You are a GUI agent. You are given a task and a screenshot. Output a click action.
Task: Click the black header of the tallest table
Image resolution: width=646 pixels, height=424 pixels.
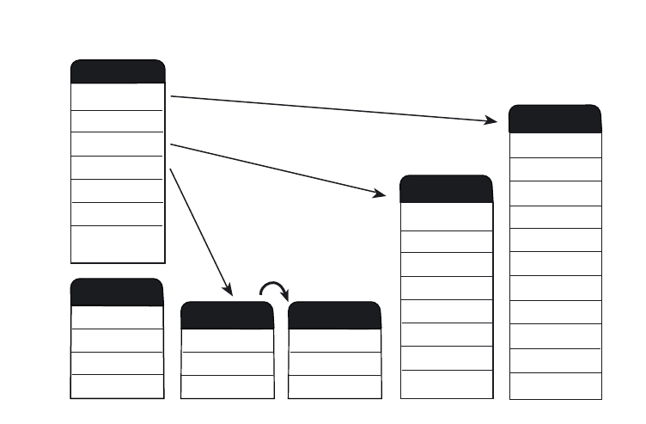coord(555,119)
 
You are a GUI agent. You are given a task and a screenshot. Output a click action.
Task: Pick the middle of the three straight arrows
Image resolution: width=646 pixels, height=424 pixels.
coord(275,169)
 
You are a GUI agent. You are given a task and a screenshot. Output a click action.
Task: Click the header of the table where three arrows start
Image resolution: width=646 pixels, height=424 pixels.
coord(117,71)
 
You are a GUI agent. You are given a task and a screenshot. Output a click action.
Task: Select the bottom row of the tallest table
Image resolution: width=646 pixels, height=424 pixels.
coord(555,386)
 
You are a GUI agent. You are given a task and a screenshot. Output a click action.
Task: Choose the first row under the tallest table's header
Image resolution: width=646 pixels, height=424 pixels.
coord(555,145)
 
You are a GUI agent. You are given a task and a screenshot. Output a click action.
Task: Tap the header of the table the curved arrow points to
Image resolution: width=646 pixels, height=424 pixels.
coord(334,316)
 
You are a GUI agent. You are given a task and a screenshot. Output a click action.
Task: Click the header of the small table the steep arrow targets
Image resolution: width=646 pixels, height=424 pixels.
coord(227,316)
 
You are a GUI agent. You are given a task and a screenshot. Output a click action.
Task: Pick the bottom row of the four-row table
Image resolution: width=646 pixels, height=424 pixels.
coord(117,386)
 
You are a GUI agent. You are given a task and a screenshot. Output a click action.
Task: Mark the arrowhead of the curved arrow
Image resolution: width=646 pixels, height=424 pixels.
coord(284,295)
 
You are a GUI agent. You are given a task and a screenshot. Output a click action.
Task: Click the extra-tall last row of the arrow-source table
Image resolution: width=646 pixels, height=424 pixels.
coord(117,243)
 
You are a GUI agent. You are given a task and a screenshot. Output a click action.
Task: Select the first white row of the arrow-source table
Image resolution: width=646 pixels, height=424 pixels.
coord(117,96)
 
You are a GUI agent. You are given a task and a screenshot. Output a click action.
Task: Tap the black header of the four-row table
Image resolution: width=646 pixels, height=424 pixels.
coord(117,292)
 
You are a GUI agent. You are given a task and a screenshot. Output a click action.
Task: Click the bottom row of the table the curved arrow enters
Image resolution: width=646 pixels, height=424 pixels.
coord(334,387)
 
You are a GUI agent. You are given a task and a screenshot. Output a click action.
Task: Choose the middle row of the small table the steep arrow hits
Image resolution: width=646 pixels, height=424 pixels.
coord(227,364)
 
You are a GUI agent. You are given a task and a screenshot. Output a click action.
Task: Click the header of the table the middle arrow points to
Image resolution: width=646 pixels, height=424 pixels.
coord(447,188)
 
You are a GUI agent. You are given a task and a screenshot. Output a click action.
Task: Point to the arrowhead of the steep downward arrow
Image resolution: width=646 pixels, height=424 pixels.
coord(229,290)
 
